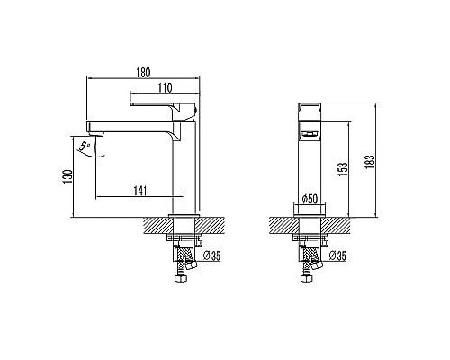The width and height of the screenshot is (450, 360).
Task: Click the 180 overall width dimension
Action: click(x=142, y=72)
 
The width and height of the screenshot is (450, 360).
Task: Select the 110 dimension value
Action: click(x=165, y=88)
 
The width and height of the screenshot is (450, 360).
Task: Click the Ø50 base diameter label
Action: click(x=309, y=198)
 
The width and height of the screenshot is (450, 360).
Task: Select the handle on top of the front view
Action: click(x=310, y=112)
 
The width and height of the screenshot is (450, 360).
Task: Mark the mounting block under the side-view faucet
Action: click(x=185, y=225)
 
